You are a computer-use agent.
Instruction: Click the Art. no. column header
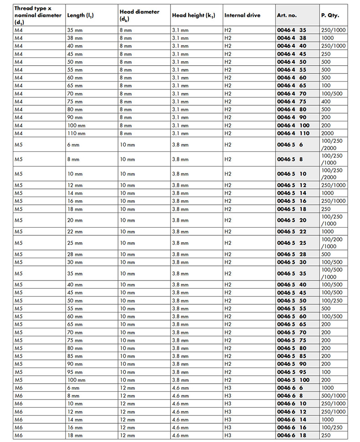[x=287, y=15]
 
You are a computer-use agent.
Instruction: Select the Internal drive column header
[x=242, y=15]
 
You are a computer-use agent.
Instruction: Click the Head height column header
[x=193, y=15]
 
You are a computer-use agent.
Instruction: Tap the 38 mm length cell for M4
[x=75, y=38]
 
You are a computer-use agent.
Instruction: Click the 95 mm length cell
[x=75, y=372]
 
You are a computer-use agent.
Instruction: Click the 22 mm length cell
[x=75, y=231]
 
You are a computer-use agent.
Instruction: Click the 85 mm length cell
[x=75, y=356]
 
